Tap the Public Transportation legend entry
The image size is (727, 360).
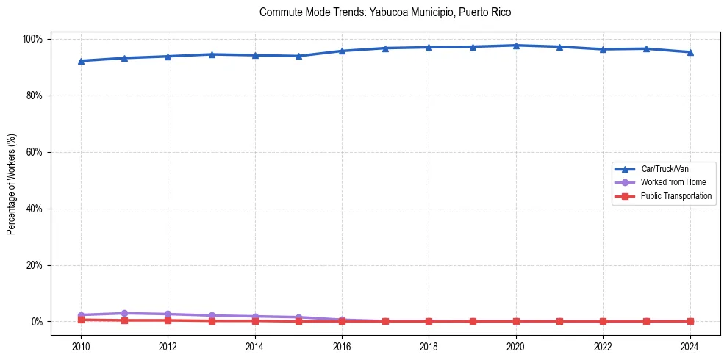[x=676, y=196]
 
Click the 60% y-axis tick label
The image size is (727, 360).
[x=36, y=152]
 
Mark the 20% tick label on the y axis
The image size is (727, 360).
[x=36, y=265]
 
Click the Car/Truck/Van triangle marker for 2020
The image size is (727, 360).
[x=516, y=46]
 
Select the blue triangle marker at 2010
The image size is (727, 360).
[x=81, y=61]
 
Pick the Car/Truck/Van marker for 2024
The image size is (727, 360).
[x=690, y=52]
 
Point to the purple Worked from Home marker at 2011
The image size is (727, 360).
[x=124, y=314]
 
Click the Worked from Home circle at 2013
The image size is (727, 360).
[x=212, y=316]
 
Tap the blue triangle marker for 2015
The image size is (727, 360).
[x=298, y=56]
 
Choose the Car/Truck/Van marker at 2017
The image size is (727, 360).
[x=385, y=48]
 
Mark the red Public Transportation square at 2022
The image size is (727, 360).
[x=603, y=321]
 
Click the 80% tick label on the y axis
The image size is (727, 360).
[x=36, y=96]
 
